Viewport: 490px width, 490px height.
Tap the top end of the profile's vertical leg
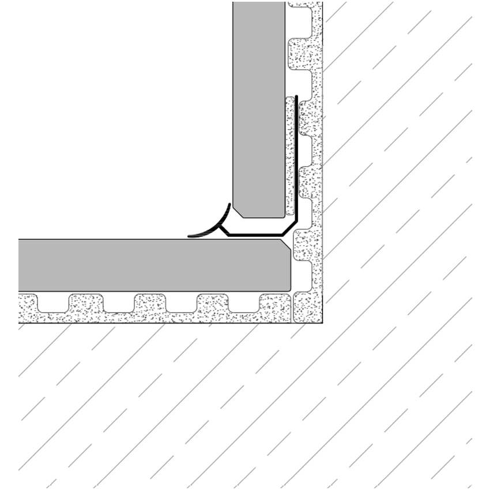click(x=296, y=97)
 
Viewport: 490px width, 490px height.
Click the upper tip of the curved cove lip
click(x=229, y=205)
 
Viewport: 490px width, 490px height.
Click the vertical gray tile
click(x=259, y=110)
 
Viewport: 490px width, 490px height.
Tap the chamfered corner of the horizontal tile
click(x=285, y=245)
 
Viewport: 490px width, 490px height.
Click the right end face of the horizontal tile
click(x=290, y=271)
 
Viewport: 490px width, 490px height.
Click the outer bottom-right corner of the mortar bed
click(x=322, y=322)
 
